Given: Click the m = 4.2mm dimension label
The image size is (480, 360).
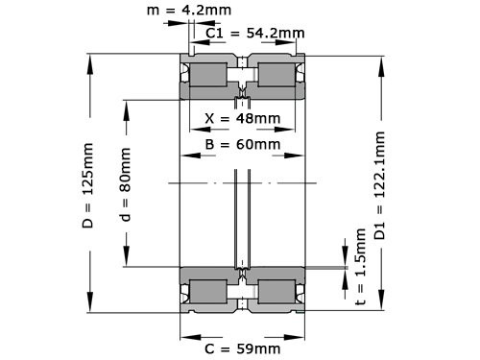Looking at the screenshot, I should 190,12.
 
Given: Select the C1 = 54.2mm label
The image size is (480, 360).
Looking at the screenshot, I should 255,33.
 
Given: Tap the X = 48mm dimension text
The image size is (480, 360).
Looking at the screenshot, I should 243,119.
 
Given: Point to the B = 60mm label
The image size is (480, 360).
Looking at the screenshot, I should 243,145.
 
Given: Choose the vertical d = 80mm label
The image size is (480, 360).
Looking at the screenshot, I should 125,182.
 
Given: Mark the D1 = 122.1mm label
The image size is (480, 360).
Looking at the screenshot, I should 380,182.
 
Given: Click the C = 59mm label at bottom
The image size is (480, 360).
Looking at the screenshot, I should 243,347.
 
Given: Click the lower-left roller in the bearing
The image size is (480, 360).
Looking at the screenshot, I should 208,291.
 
